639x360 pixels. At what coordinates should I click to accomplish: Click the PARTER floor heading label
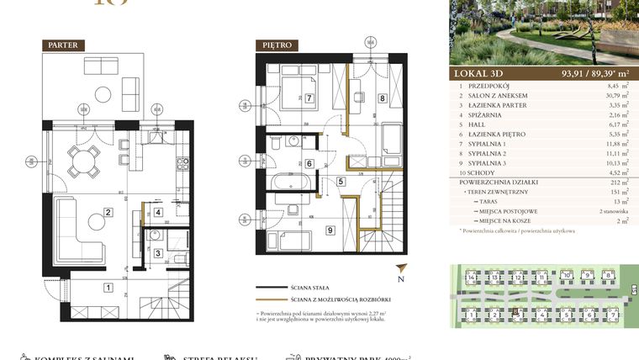64,45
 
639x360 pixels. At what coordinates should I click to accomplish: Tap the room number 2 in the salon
108,212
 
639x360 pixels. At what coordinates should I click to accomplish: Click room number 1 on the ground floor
108,288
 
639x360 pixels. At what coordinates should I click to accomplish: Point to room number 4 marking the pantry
157,213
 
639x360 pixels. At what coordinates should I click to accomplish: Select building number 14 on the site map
473,276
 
